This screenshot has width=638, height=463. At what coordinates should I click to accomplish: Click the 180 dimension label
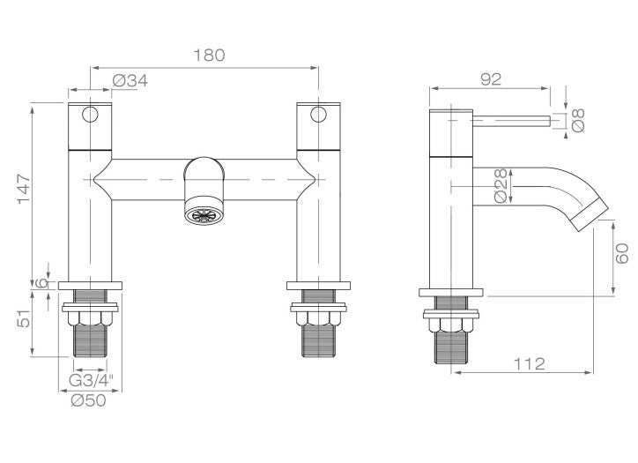coord(209,56)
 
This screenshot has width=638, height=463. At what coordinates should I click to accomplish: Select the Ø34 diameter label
coord(130,81)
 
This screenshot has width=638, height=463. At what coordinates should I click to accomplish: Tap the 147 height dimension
coord(25,189)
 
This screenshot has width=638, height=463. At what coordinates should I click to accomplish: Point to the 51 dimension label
coord(25,318)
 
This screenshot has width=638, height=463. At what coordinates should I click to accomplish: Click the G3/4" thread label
coord(91,381)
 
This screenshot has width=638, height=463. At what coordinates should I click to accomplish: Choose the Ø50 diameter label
coord(88,400)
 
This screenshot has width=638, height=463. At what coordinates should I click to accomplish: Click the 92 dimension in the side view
coord(491,79)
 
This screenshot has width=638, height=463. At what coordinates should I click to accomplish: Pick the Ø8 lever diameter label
coord(578,120)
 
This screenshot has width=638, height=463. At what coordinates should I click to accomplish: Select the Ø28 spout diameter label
coord(501,185)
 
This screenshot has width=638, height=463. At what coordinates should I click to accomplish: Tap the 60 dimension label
coord(622,254)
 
